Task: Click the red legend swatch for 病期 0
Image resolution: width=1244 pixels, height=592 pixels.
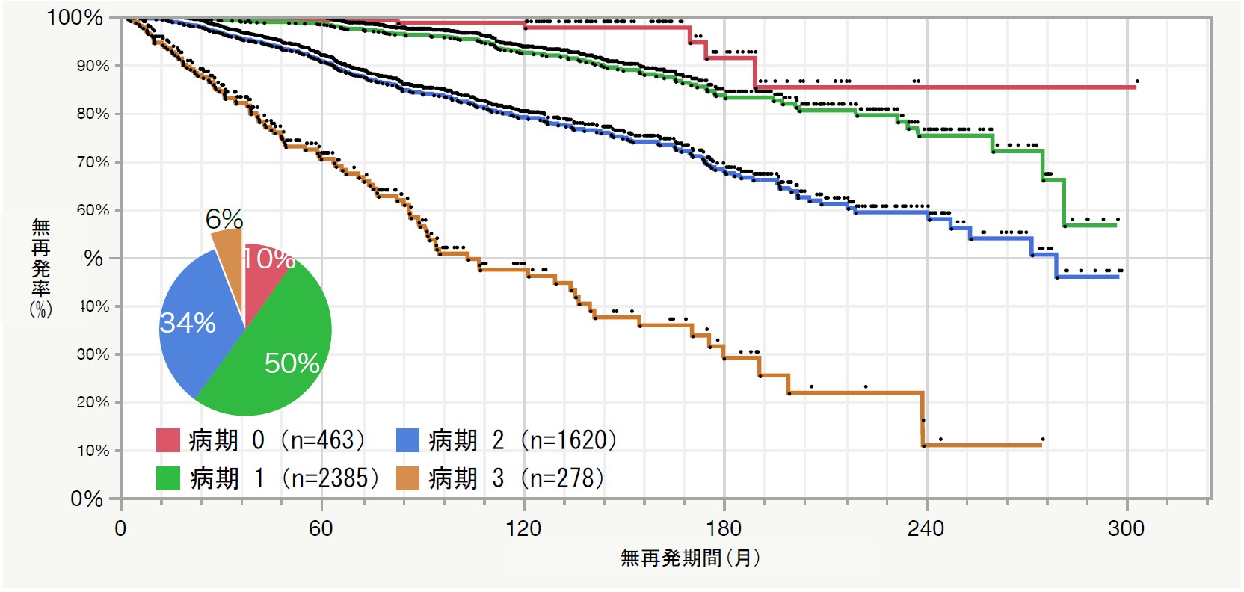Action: click(x=168, y=440)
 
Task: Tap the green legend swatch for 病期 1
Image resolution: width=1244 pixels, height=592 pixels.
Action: click(x=168, y=478)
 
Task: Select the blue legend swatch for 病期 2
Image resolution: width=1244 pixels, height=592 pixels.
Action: click(x=407, y=440)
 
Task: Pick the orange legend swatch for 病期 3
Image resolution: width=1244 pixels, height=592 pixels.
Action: click(x=407, y=478)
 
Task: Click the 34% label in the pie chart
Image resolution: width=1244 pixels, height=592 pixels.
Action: click(x=188, y=323)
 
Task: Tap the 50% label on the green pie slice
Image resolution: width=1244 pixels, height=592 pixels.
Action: click(x=292, y=363)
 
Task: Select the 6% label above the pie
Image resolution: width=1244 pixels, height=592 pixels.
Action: click(x=224, y=219)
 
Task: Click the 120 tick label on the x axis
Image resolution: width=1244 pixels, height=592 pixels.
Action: click(x=523, y=529)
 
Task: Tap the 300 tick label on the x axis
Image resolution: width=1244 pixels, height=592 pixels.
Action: click(x=1126, y=529)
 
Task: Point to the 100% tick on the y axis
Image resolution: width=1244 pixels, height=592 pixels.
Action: click(x=75, y=17)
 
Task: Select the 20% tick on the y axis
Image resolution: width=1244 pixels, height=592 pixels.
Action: click(x=93, y=402)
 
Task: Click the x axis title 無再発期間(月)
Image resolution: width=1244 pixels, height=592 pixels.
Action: click(x=690, y=558)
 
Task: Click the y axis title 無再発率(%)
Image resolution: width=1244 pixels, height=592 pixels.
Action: click(x=41, y=268)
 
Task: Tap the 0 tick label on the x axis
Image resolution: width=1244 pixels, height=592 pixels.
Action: click(x=120, y=529)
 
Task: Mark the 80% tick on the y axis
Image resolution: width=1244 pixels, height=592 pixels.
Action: click(x=93, y=114)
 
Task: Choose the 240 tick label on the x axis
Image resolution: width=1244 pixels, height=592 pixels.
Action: click(x=926, y=529)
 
